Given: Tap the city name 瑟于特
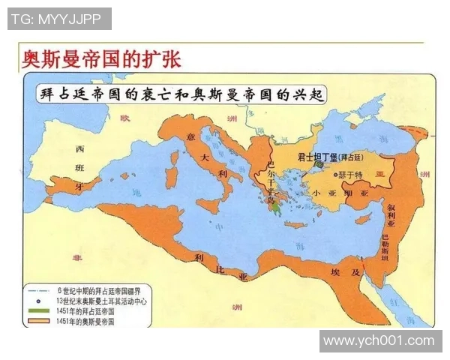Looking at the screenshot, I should [x=351, y=174].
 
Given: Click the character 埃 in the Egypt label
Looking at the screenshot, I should [x=335, y=267].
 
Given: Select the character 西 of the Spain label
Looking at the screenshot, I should [x=80, y=148].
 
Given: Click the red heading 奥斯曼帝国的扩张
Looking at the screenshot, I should [x=100, y=59].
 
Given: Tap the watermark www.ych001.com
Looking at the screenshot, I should [x=379, y=341].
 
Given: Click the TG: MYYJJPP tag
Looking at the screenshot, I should [x=59, y=19].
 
